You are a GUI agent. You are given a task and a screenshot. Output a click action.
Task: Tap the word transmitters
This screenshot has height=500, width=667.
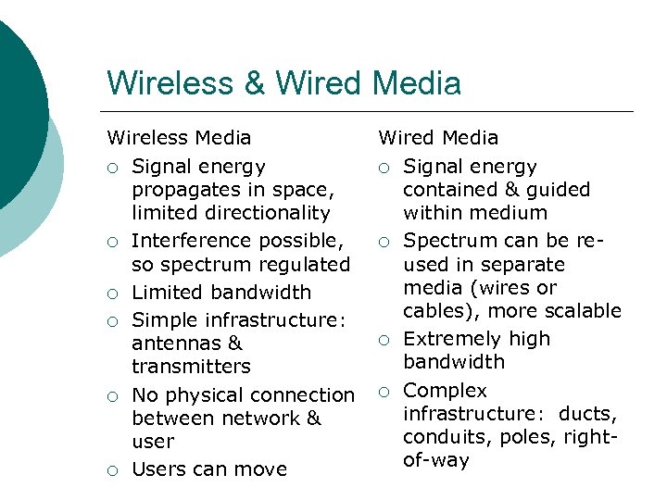[192, 367]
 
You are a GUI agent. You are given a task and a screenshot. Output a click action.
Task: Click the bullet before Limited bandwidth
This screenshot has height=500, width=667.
[112, 294]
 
